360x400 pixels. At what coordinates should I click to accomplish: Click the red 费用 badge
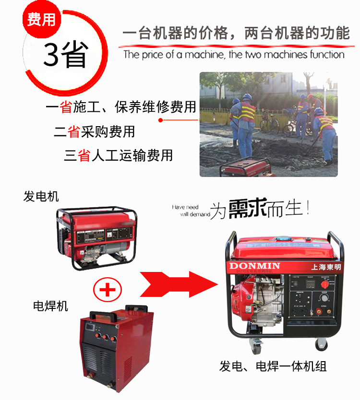(x=41, y=20)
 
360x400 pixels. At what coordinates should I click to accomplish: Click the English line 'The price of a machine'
(x=234, y=54)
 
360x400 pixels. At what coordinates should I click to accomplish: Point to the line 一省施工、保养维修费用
(x=121, y=107)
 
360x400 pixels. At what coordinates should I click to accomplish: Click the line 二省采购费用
(x=94, y=131)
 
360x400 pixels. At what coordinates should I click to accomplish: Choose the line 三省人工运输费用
(x=119, y=155)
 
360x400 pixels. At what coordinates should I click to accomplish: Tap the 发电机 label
(x=41, y=196)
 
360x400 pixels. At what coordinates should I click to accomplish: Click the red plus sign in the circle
(x=108, y=289)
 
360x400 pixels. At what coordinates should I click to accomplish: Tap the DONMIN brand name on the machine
(x=252, y=266)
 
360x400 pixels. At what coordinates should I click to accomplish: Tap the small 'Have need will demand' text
(x=191, y=211)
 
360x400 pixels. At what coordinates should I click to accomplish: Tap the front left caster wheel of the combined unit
(x=256, y=343)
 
